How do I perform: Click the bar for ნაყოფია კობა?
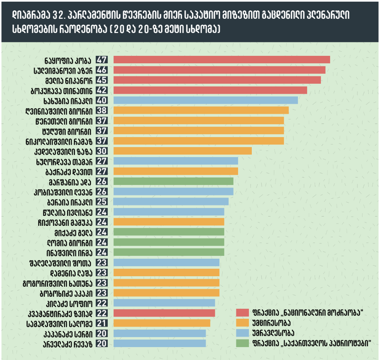221,60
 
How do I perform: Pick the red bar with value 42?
210,90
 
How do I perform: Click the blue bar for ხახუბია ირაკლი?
206,100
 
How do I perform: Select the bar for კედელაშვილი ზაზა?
182,151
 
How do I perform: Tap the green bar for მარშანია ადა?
173,181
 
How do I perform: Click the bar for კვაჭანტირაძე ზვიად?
164,313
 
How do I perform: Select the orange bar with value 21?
161,323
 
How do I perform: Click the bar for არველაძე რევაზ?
159,343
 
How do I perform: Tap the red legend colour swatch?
242,312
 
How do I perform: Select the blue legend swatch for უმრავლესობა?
242,333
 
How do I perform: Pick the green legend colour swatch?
242,343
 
